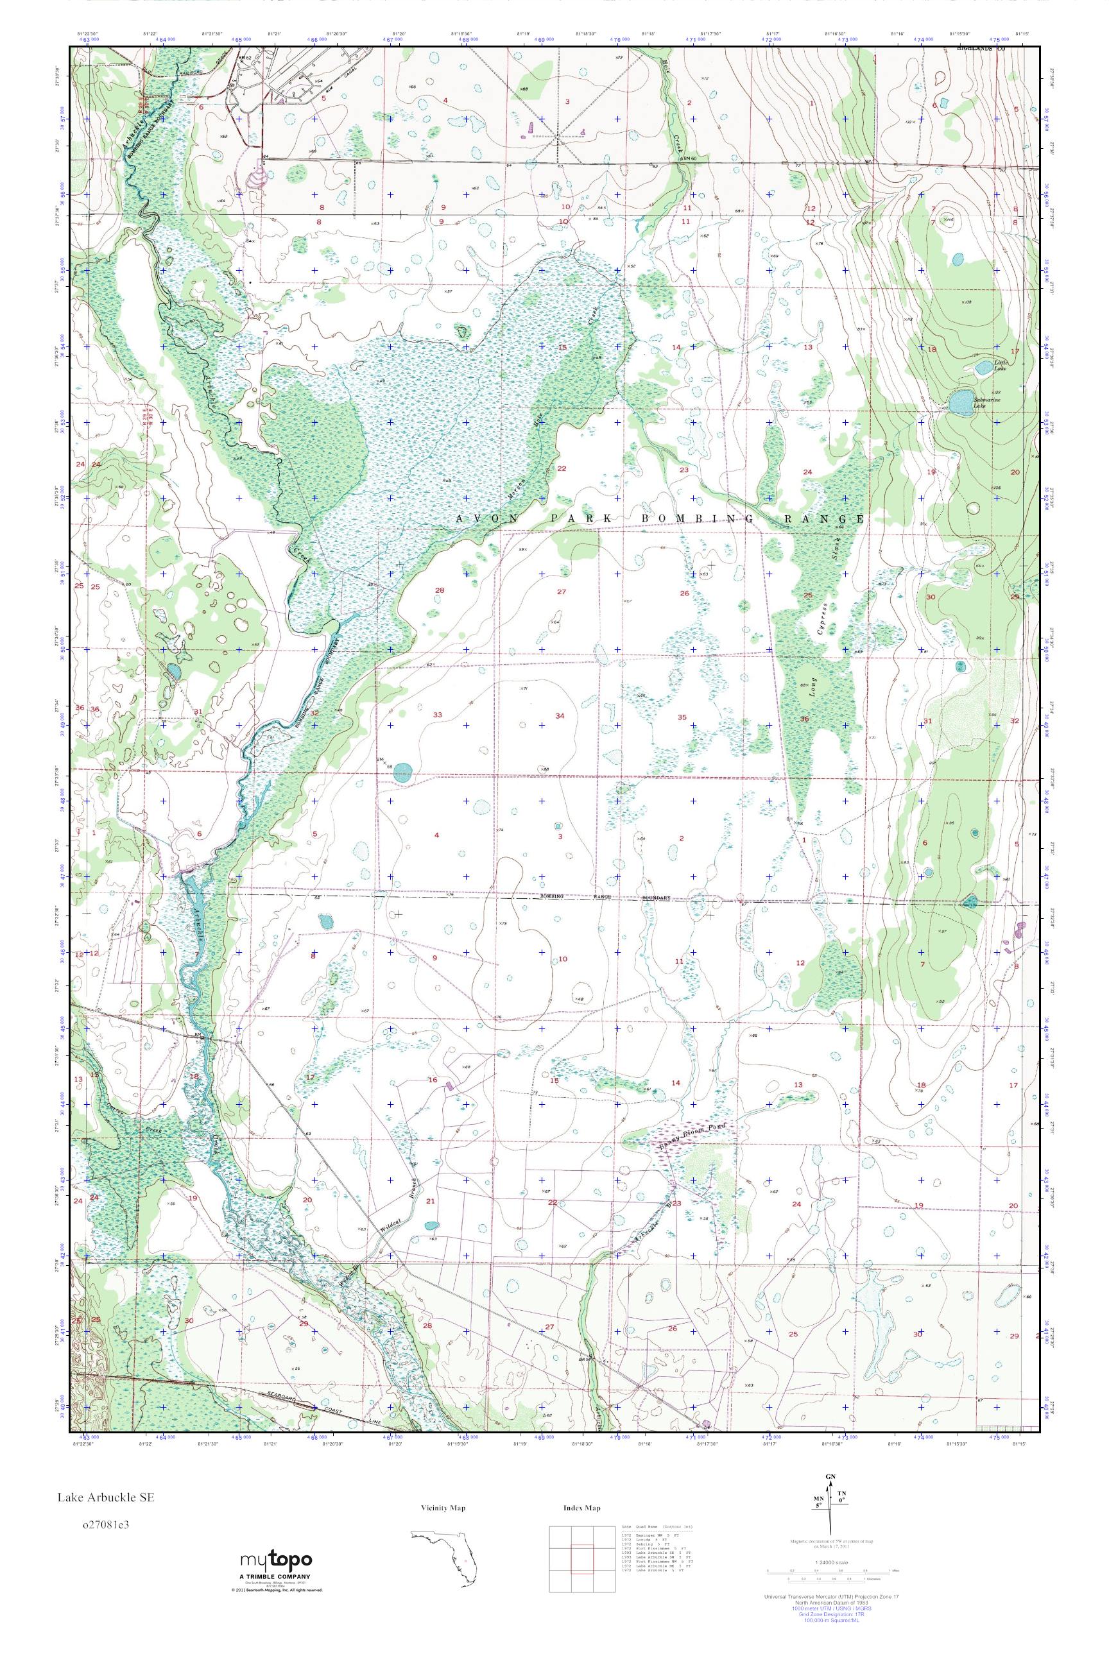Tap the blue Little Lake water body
click(x=983, y=368)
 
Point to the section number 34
click(x=560, y=715)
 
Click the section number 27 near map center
click(x=562, y=592)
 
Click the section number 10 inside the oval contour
click(x=563, y=959)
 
